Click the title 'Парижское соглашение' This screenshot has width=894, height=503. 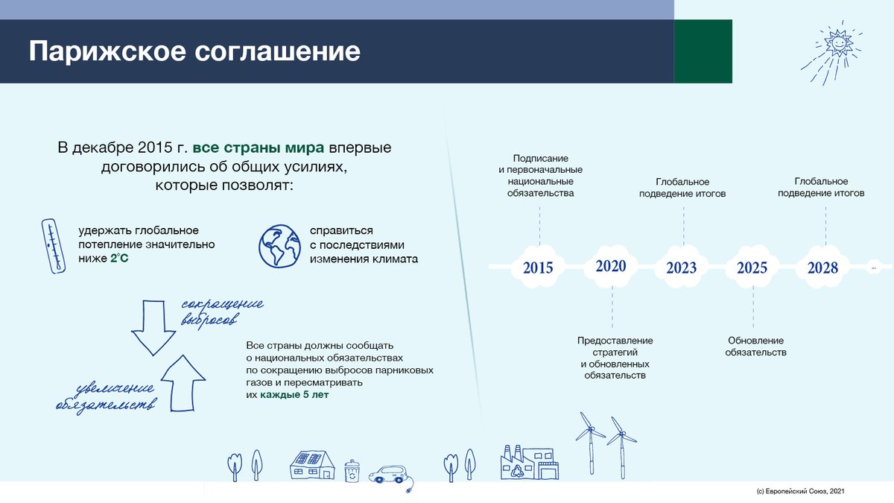(194, 52)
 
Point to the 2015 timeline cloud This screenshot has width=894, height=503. (538, 267)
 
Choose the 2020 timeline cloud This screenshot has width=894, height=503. (611, 266)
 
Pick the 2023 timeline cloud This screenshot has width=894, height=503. (681, 267)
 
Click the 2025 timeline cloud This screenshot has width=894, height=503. (752, 267)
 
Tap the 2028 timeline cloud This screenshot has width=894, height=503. (822, 267)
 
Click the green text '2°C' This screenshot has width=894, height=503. (119, 258)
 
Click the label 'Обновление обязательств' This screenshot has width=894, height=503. (755, 347)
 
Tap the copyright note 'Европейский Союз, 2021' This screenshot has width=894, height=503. (800, 492)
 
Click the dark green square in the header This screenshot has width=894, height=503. (703, 51)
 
